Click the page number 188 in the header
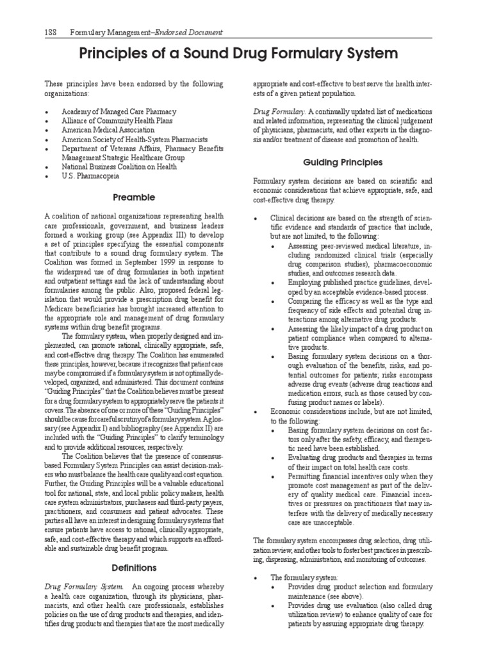pos(51,33)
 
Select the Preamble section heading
pos(133,198)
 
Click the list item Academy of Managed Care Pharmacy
pos(119,111)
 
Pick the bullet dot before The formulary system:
pos(256,578)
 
